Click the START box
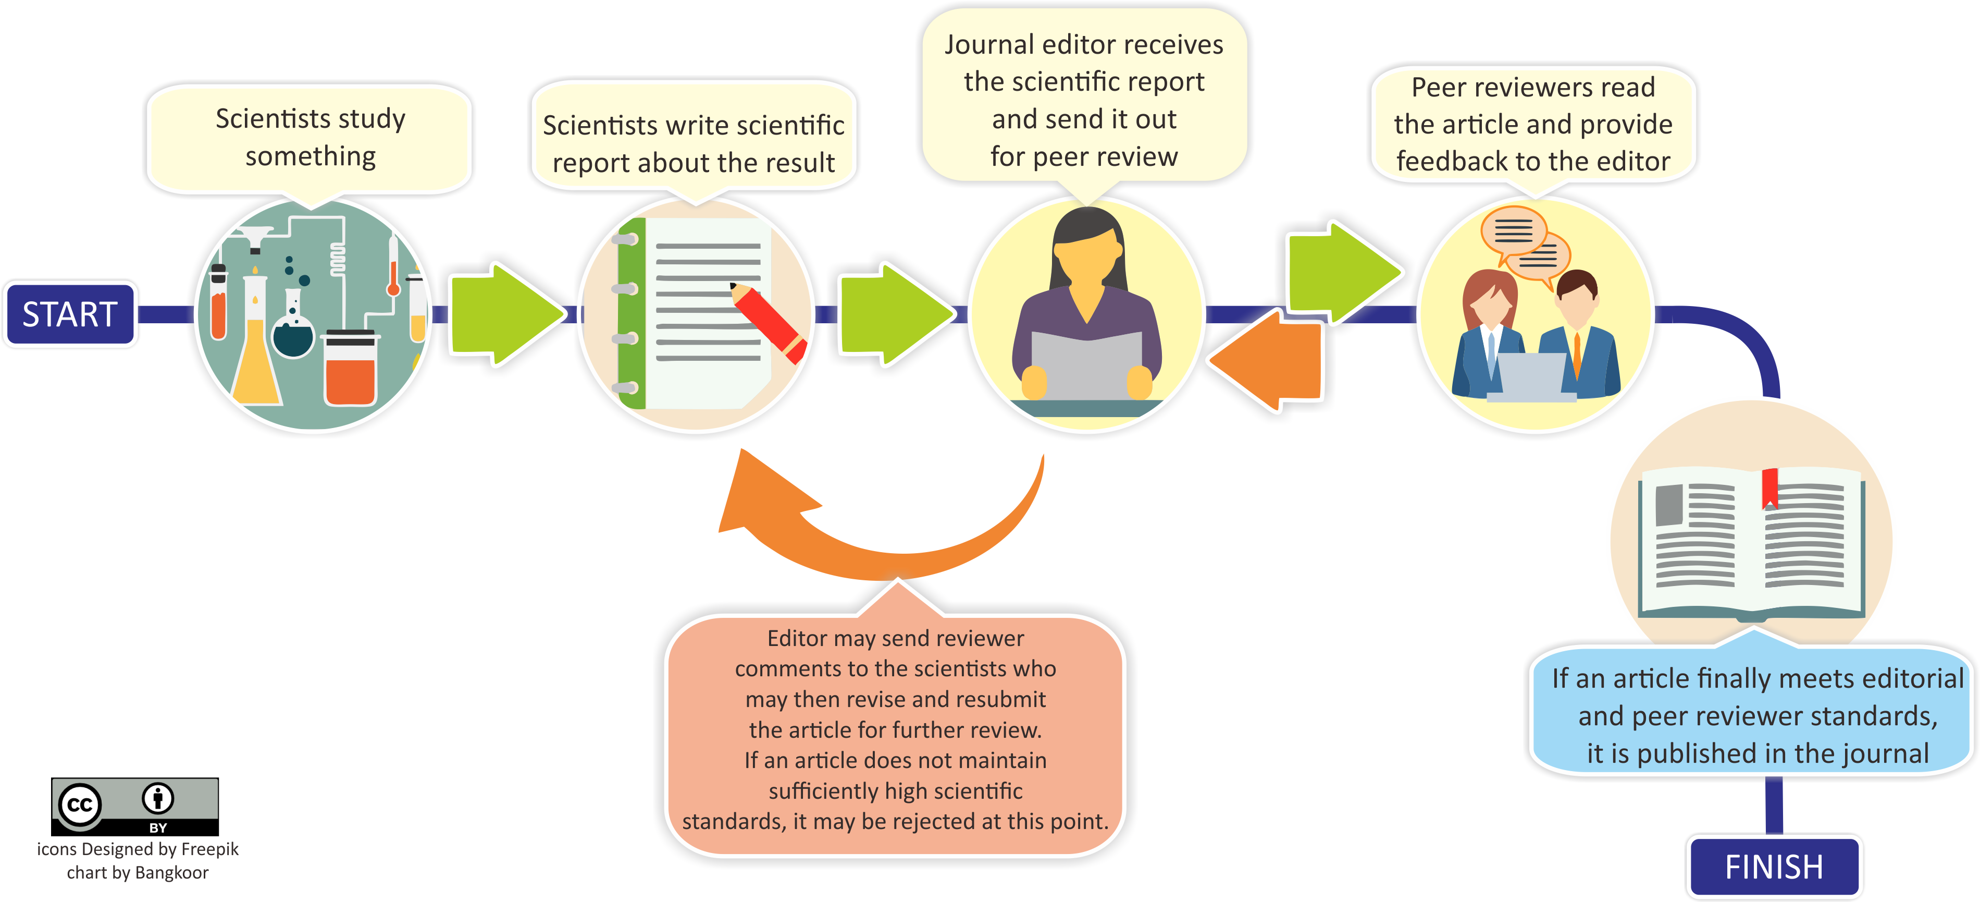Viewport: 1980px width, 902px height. [x=70, y=314]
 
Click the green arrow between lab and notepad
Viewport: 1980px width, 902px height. [x=503, y=314]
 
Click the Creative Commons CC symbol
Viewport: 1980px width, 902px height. [x=80, y=805]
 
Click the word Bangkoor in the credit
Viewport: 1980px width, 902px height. [x=171, y=873]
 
